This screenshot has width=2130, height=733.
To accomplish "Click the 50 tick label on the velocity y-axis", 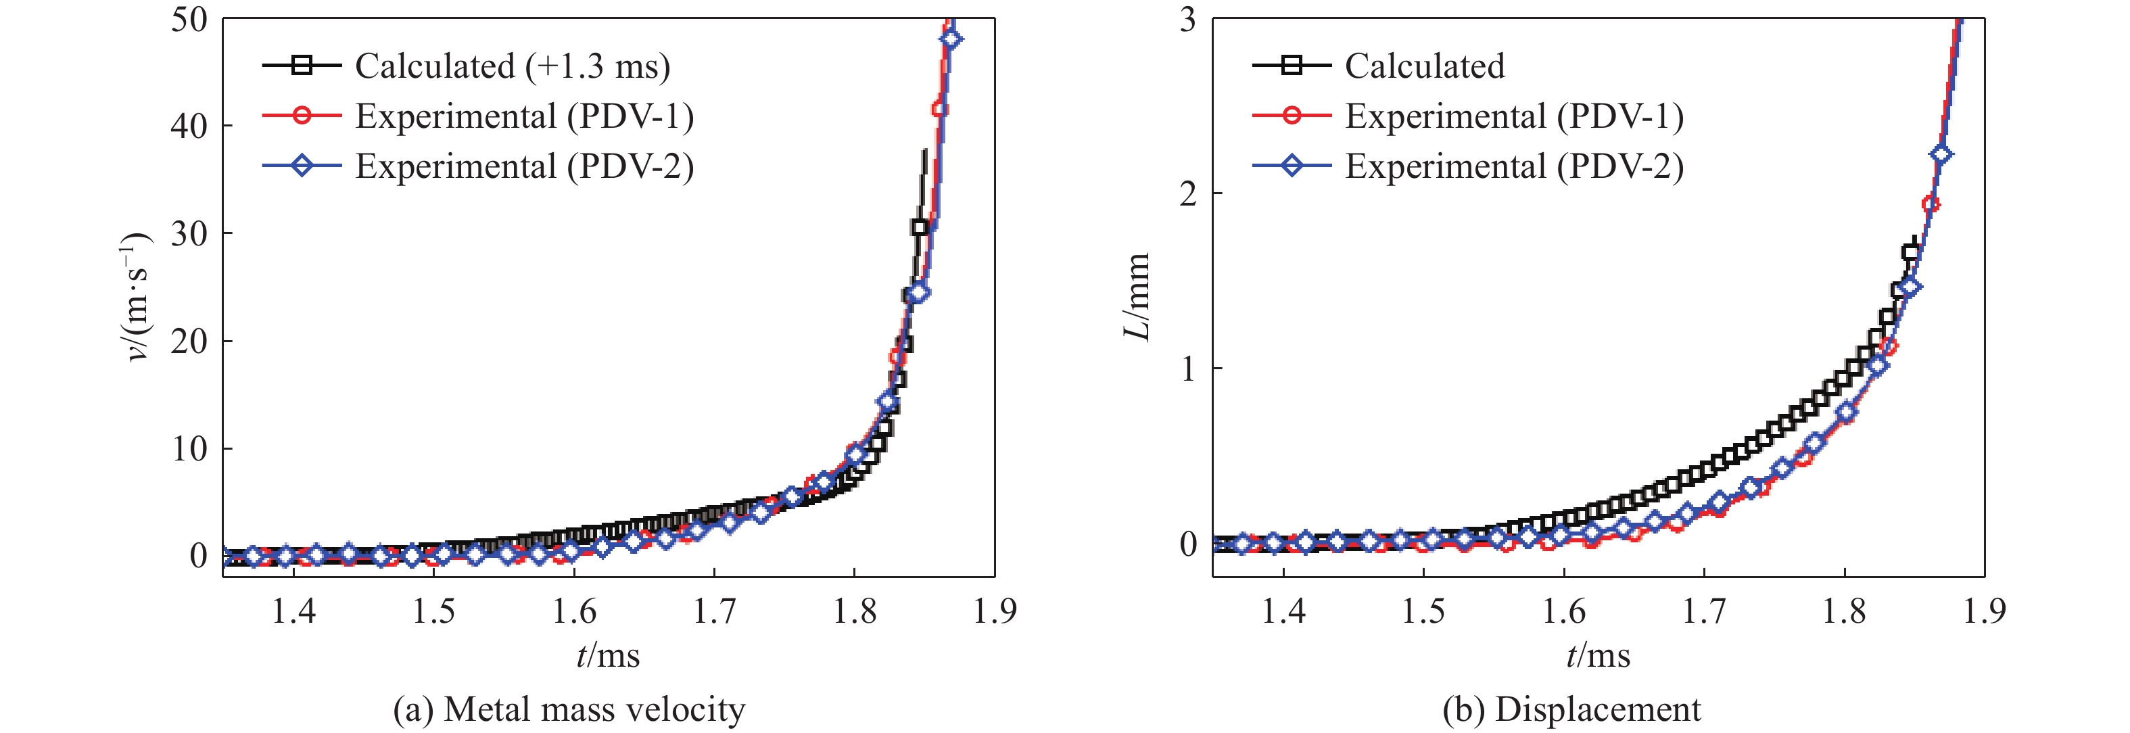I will [189, 19].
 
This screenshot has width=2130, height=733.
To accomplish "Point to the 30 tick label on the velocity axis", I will [189, 233].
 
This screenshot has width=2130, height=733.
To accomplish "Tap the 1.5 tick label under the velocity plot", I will [434, 611].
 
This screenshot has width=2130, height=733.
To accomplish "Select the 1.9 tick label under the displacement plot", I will [1984, 611].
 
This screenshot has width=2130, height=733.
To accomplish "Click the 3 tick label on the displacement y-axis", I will [1188, 19].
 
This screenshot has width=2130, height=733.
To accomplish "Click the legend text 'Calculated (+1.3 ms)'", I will [513, 66].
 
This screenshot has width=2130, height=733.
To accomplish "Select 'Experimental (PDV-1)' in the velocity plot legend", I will [524, 117].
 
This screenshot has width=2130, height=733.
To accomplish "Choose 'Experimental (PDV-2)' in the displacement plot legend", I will [1514, 166].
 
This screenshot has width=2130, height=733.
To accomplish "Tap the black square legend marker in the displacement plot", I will [1292, 66].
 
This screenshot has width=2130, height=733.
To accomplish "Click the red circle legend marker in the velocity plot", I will [302, 116].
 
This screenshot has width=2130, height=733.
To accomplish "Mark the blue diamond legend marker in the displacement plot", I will [1292, 166].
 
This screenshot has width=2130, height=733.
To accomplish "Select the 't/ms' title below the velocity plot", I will [608, 656].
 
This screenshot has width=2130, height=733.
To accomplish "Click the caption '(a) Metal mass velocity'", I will [569, 710].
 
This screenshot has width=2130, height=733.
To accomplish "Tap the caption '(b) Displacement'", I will [1571, 710].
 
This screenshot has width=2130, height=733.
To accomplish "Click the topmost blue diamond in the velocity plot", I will [951, 39].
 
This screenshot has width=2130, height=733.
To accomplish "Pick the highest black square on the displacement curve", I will [1910, 252].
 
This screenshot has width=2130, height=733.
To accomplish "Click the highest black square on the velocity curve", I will [920, 227].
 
